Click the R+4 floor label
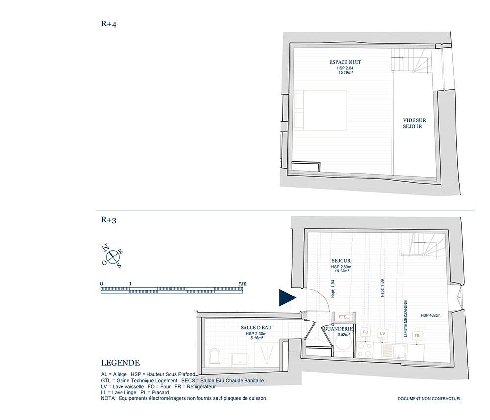click(x=108, y=24)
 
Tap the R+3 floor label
click(x=108, y=220)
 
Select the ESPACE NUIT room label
click(x=345, y=62)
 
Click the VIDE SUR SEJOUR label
click(x=414, y=123)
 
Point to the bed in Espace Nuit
click(x=320, y=110)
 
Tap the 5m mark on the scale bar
click(x=242, y=284)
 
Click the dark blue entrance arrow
click(x=287, y=297)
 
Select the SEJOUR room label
click(x=341, y=261)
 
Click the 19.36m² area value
click(x=342, y=271)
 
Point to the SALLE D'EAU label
click(x=256, y=327)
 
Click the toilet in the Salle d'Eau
click(x=215, y=356)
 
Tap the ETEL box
click(x=343, y=317)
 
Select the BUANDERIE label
click(x=339, y=329)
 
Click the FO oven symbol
click(x=366, y=332)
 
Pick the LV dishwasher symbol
click(x=383, y=333)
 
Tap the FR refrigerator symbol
click(x=417, y=335)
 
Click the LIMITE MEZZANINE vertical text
click(x=406, y=319)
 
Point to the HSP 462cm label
click(x=430, y=315)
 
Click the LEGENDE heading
click(x=121, y=363)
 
